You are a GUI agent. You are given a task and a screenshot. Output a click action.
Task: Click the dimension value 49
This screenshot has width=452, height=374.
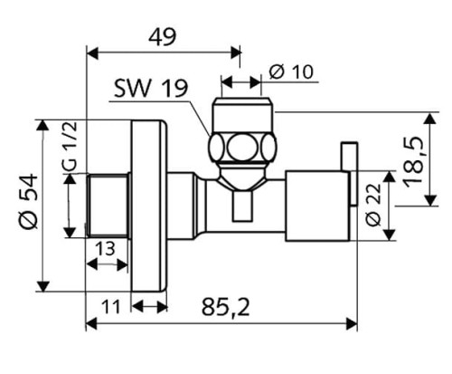tap(162, 37)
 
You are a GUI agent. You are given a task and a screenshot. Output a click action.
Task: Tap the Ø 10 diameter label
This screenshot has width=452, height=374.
tap(291, 72)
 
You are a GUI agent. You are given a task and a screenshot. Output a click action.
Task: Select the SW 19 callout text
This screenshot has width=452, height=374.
tap(151, 89)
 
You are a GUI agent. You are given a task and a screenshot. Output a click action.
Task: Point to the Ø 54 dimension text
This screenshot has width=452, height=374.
tap(29, 201)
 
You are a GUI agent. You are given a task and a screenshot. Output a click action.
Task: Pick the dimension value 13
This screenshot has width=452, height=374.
tap(105, 249)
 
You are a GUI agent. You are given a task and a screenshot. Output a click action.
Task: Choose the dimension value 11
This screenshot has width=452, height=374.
tap(111, 307)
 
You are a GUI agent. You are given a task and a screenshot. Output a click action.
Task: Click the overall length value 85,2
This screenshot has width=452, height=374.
tap(226, 307)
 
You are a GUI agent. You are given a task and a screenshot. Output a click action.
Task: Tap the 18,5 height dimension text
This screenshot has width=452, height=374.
tap(414, 162)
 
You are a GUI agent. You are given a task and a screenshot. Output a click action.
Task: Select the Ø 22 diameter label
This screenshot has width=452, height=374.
tap(373, 205)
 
